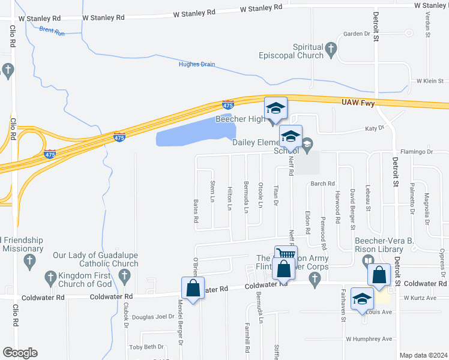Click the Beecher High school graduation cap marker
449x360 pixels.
[276, 108]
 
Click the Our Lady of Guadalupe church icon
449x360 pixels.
[125, 277]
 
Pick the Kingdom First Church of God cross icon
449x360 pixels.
[50, 277]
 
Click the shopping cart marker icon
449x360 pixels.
[286, 254]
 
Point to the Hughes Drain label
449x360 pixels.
[197, 64]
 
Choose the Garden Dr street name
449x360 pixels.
[356, 34]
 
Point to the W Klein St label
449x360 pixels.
[430, 80]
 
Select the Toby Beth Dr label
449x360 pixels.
[147, 347]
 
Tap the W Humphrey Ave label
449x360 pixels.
[369, 338]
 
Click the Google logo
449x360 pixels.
[20, 353]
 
